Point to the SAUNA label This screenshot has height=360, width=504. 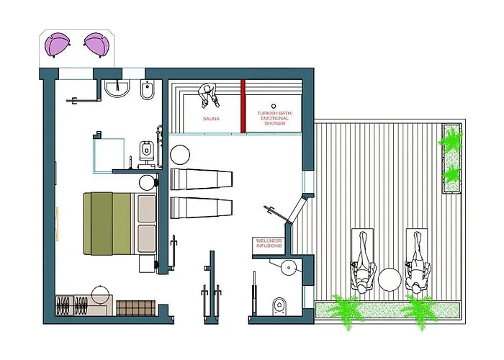[210, 117]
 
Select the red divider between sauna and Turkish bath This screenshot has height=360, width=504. [243, 106]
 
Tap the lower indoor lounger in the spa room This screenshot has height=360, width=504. [202, 207]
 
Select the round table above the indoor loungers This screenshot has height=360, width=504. [179, 155]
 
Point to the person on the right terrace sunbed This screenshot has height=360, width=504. [417, 260]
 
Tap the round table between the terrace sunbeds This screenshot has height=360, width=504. [390, 279]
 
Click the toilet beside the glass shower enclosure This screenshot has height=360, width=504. [146, 150]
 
